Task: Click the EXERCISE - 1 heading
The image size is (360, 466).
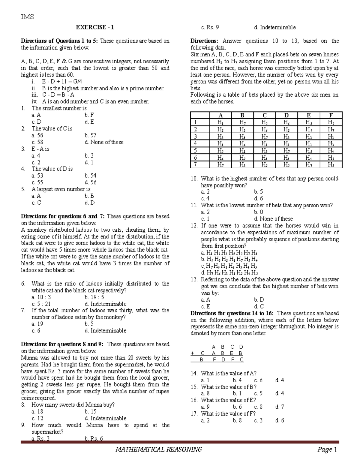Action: [x=95, y=27]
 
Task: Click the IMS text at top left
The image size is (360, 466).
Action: [x=27, y=17]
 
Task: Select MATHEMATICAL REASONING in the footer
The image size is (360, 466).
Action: [x=159, y=449]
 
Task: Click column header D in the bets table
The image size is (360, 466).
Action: [x=286, y=116]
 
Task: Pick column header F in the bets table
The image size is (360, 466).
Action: [x=331, y=116]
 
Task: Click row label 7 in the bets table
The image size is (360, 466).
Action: [x=195, y=164]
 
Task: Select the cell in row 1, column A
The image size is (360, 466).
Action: [x=220, y=122]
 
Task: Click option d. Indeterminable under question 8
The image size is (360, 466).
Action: [x=105, y=418]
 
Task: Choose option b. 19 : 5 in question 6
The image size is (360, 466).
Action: [x=94, y=297]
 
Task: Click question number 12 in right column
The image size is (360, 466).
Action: [x=194, y=226]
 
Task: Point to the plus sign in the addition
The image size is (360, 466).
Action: [x=192, y=353]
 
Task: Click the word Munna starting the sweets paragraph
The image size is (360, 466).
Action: [x=29, y=358]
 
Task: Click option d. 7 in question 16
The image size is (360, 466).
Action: [x=279, y=407]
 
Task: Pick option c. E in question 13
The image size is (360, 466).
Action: [x=205, y=306]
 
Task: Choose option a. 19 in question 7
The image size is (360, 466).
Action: [x=37, y=324]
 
